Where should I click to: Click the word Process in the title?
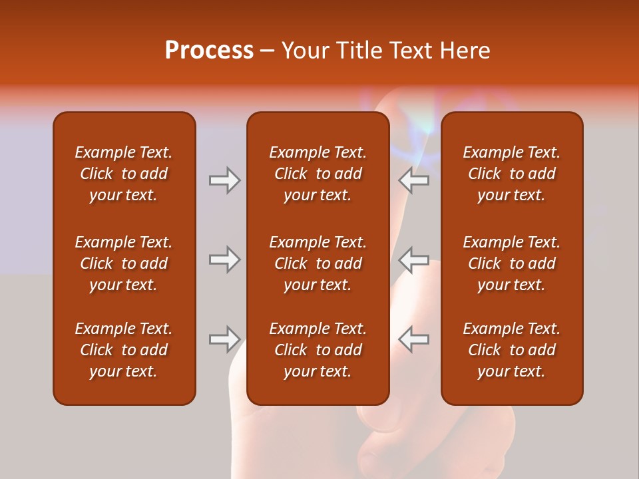click(x=209, y=51)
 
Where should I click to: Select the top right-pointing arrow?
click(x=224, y=180)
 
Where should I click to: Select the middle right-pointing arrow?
click(x=224, y=259)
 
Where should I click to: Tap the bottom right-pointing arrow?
click(x=224, y=339)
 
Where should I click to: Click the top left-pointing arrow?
click(x=413, y=180)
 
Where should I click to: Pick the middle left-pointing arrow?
click(x=413, y=259)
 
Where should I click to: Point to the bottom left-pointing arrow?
click(x=413, y=339)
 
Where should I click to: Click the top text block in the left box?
click(x=124, y=174)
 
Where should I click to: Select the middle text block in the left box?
click(x=124, y=263)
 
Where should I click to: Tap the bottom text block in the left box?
click(x=124, y=350)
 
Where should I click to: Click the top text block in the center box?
click(x=318, y=174)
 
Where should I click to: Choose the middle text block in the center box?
click(x=318, y=263)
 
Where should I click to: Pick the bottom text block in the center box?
click(x=318, y=350)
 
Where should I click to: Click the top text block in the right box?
click(x=511, y=174)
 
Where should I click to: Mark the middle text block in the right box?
click(x=511, y=263)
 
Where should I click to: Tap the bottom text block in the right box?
click(x=511, y=350)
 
